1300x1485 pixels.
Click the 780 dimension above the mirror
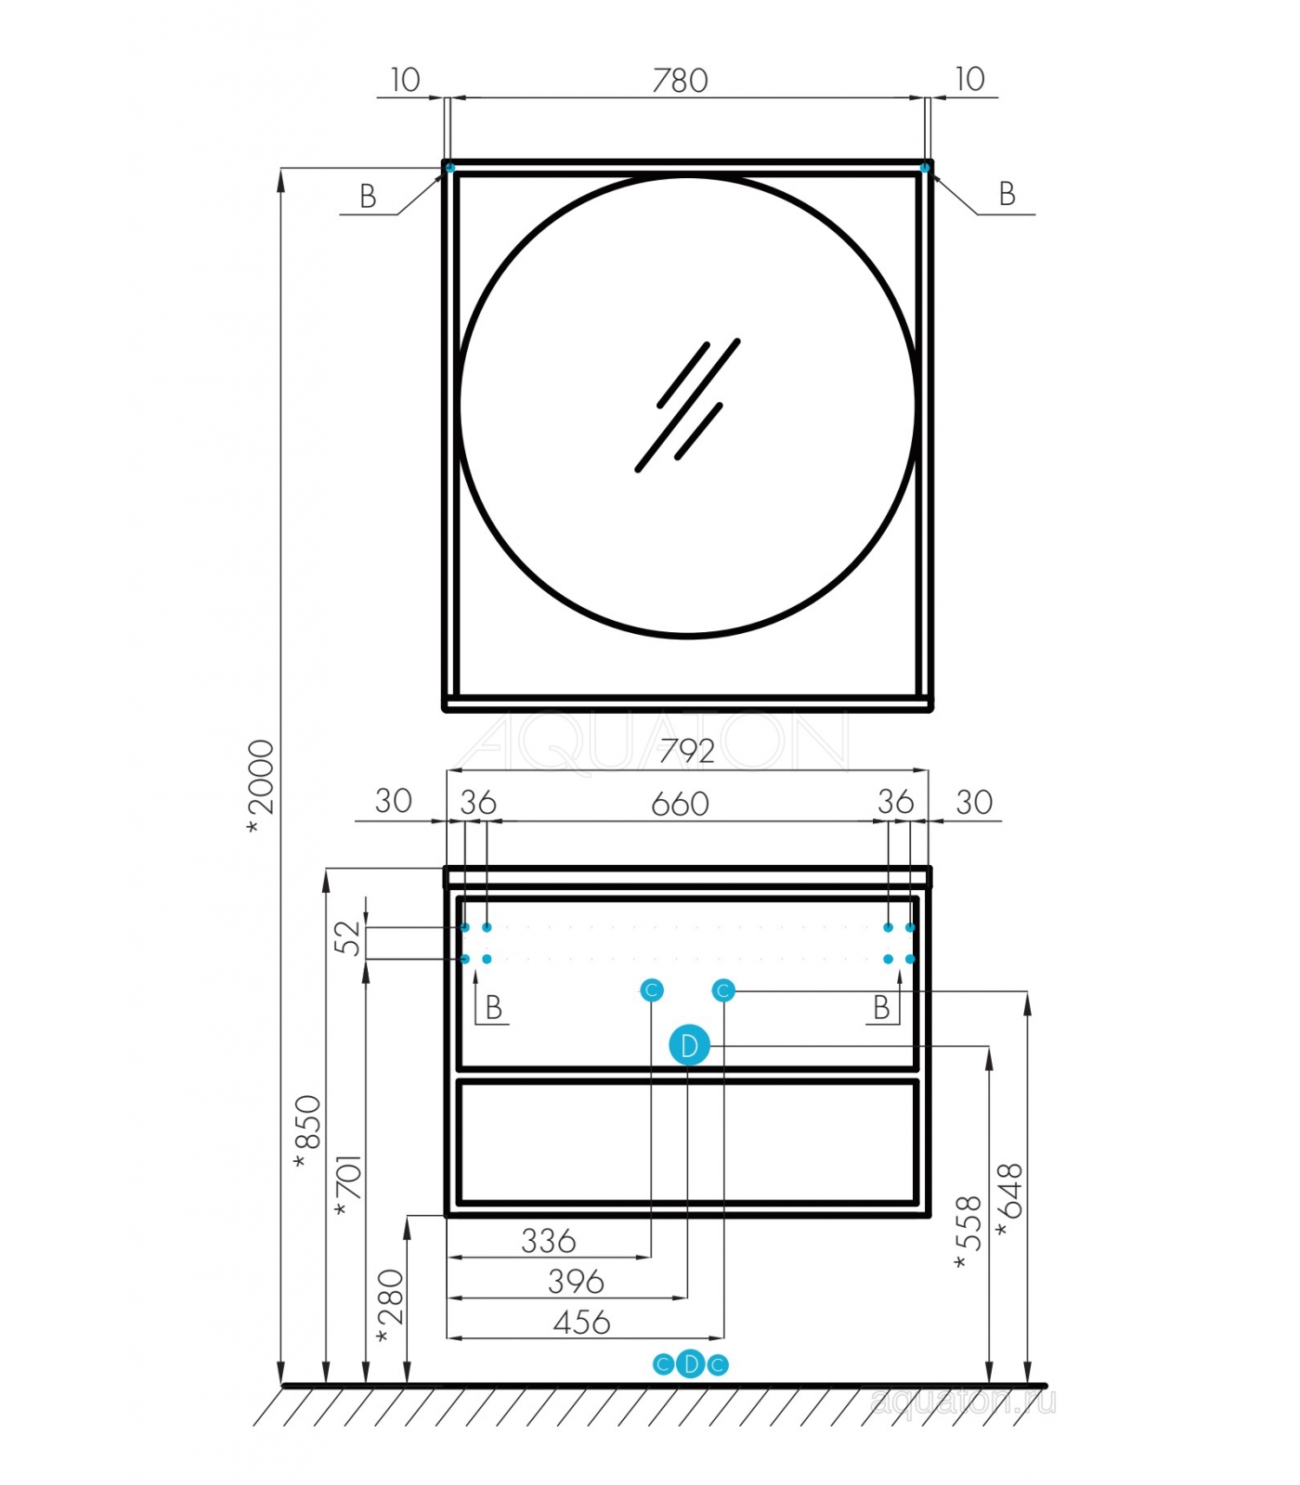click(680, 81)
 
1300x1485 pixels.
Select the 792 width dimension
click(687, 751)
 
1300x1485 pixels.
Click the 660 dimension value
click(680, 804)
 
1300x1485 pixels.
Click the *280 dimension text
click(390, 1306)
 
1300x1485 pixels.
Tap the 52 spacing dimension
click(346, 937)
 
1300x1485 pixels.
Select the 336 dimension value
click(549, 1241)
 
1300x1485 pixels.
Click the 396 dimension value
click(576, 1282)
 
